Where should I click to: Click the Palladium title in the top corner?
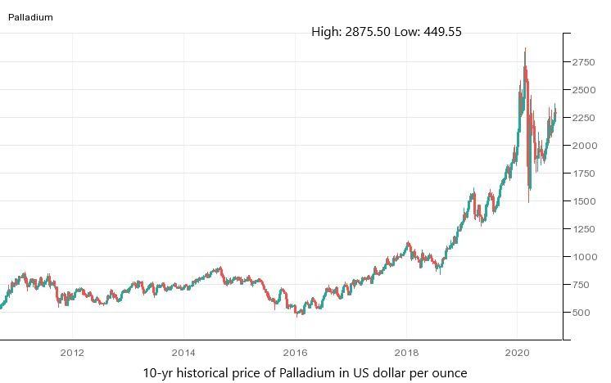30,16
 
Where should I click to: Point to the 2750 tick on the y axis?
584,61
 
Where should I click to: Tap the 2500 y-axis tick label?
584,90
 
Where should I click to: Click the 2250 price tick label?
584,118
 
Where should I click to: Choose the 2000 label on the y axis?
584,146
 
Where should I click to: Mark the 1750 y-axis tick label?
584,173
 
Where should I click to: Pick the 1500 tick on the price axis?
584,201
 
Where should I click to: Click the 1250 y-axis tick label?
584,229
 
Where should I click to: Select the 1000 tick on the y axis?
584,257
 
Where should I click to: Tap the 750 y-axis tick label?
582,285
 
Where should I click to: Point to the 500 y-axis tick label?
582,313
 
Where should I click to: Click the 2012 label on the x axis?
73,354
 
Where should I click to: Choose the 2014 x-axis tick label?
183,354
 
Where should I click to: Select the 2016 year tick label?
295,354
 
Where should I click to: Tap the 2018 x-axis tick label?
406,354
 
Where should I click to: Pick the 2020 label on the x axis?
517,354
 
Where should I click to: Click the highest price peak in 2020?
525,49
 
